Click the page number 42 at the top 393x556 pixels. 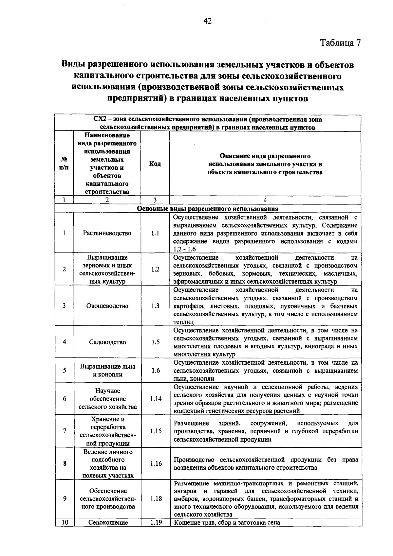click(x=208, y=21)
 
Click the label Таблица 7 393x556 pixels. click(x=340, y=43)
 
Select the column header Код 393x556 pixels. click(x=155, y=164)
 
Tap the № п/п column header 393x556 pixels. click(x=65, y=164)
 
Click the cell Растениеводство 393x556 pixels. click(x=107, y=233)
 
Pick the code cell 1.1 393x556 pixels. click(x=155, y=233)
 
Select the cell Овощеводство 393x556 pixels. click(x=107, y=306)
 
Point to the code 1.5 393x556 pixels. click(x=156, y=342)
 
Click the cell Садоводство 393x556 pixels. click(x=107, y=342)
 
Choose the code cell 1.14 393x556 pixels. click(x=156, y=399)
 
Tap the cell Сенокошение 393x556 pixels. click(x=108, y=522)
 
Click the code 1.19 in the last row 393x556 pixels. click(x=156, y=522)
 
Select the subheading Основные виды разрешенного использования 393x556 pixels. click(x=208, y=209)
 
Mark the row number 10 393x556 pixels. click(x=65, y=522)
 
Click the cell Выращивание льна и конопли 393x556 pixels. click(x=107, y=371)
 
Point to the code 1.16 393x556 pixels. click(x=156, y=464)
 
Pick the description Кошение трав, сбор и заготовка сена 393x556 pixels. click(x=227, y=522)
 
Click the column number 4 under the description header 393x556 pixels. click(x=265, y=200)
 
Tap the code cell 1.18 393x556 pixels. click(x=156, y=499)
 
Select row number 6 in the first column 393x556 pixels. click(x=65, y=399)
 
